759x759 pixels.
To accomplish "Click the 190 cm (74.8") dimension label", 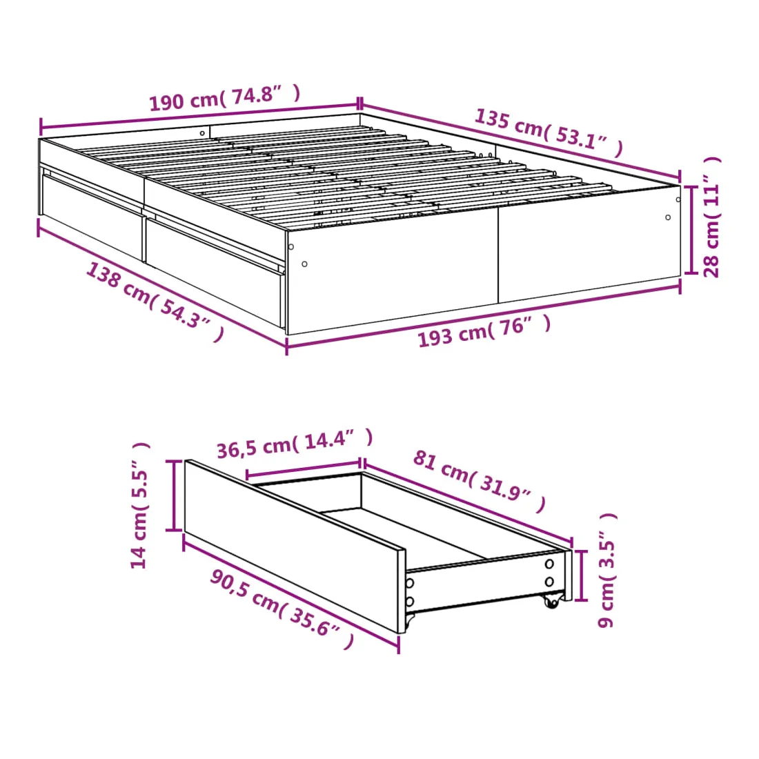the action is point(225,98).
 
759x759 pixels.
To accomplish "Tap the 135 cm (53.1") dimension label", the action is point(549,132).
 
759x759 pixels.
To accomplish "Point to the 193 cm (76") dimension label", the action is point(484,331).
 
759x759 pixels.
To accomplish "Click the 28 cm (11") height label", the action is point(711,217).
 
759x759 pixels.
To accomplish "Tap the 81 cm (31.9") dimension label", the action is point(480,481).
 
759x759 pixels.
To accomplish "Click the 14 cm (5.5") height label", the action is point(139,505).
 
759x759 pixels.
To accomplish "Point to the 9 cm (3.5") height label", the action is point(607,570).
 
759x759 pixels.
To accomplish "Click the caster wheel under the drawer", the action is point(551,601).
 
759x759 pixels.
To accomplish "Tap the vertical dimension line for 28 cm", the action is point(691,230).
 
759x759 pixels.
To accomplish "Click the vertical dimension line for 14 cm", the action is point(174,495).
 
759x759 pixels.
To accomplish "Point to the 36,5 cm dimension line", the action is point(304,469).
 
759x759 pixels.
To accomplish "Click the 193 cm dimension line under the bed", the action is point(484,316).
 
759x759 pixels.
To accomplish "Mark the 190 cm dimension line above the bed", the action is point(200,116).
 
